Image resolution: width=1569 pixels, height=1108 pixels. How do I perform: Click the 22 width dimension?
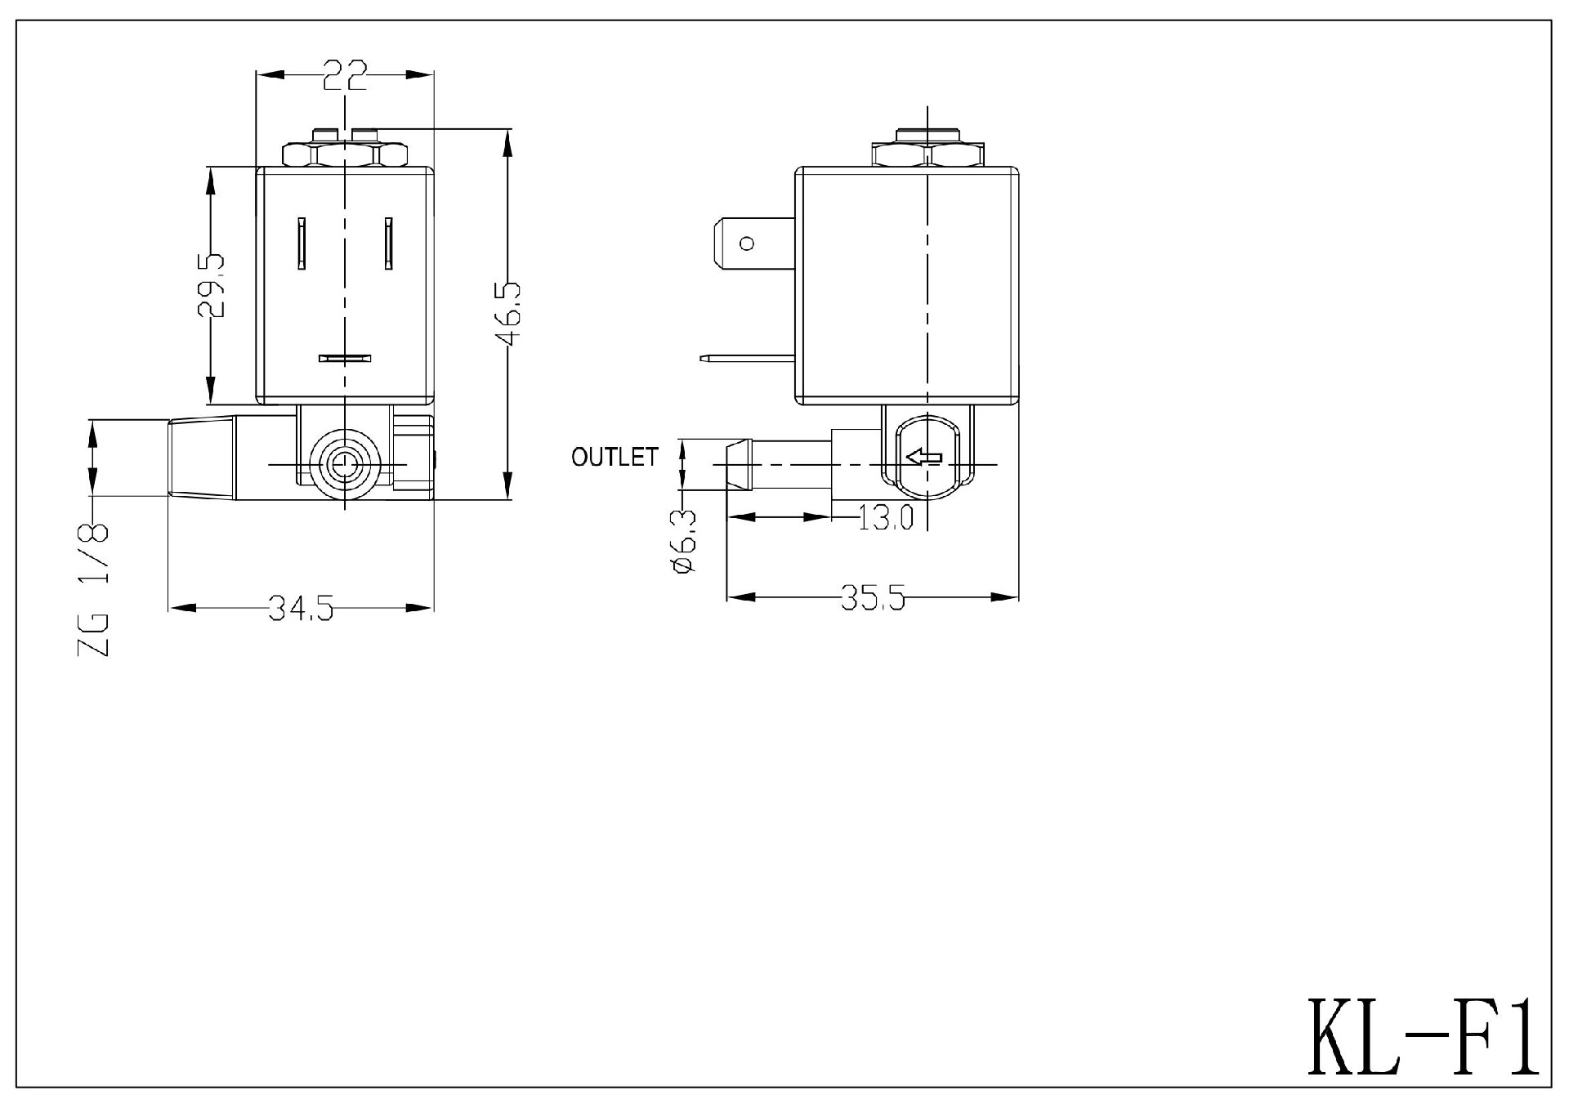pos(344,75)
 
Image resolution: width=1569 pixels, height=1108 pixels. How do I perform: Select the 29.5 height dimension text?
pos(211,285)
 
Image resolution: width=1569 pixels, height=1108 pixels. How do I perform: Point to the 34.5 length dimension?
pos(301,608)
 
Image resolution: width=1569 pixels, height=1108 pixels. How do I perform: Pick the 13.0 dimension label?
pos(886,517)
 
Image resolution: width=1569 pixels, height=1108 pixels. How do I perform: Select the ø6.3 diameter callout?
pos(683,540)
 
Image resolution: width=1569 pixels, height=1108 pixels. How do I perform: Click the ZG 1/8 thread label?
pos(93,588)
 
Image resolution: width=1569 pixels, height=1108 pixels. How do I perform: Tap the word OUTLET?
pos(615,457)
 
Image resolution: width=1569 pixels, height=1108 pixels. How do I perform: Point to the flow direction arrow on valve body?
pos(924,458)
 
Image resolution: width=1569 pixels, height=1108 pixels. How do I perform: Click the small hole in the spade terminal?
pos(746,243)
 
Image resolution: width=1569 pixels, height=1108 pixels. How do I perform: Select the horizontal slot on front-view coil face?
pos(344,358)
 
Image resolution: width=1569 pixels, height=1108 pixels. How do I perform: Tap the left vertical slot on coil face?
pos(302,243)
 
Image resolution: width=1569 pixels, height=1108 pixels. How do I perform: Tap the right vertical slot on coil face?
pos(389,243)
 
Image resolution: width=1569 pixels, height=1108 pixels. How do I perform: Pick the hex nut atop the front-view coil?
pos(344,154)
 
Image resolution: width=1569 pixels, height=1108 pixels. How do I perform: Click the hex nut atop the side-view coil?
pos(928,154)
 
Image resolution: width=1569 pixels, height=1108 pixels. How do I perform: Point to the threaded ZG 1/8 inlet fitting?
pos(202,458)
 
